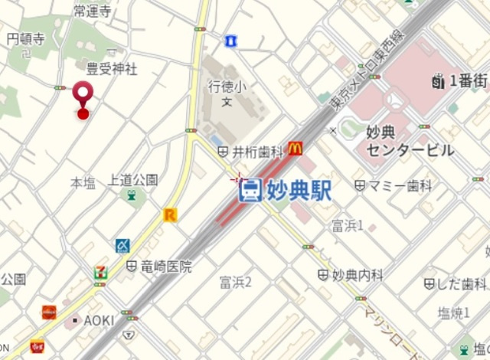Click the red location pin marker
click(83, 97)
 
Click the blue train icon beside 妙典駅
click(250, 191)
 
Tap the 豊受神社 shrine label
click(112, 70)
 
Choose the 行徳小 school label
click(226, 87)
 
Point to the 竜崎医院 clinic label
click(166, 267)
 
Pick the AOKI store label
click(98, 320)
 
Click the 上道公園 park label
click(133, 180)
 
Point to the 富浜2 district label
click(235, 282)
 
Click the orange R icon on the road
click(170, 215)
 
